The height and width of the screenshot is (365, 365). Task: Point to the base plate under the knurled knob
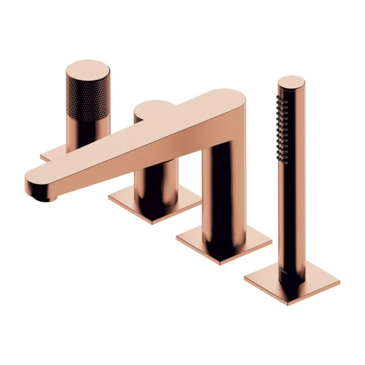53,153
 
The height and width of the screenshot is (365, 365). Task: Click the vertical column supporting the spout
225,185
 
